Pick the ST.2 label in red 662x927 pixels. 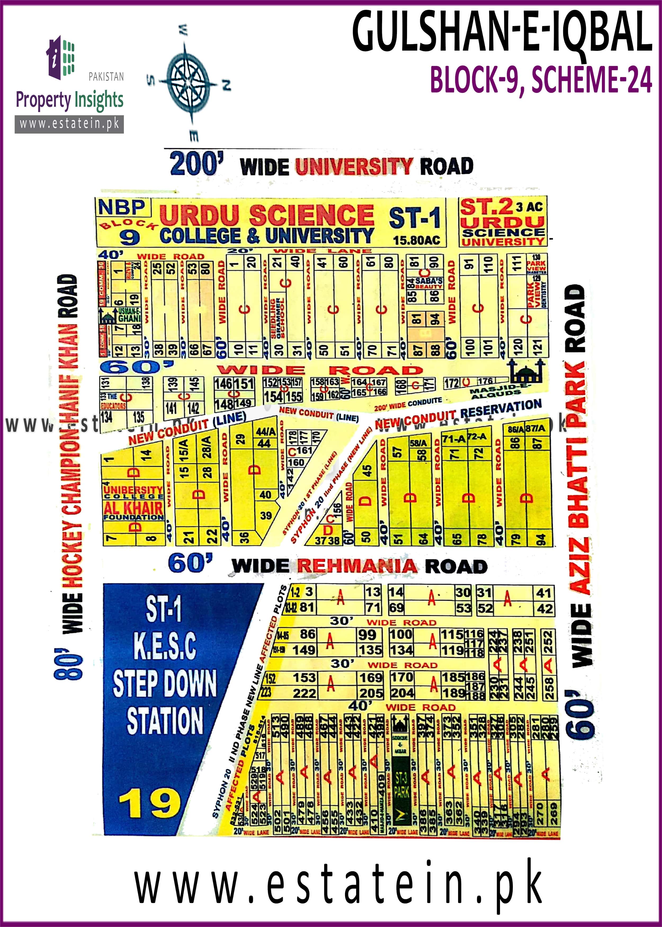tap(486, 207)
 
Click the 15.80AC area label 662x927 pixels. tap(416, 240)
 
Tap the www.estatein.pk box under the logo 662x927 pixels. tap(69, 123)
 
